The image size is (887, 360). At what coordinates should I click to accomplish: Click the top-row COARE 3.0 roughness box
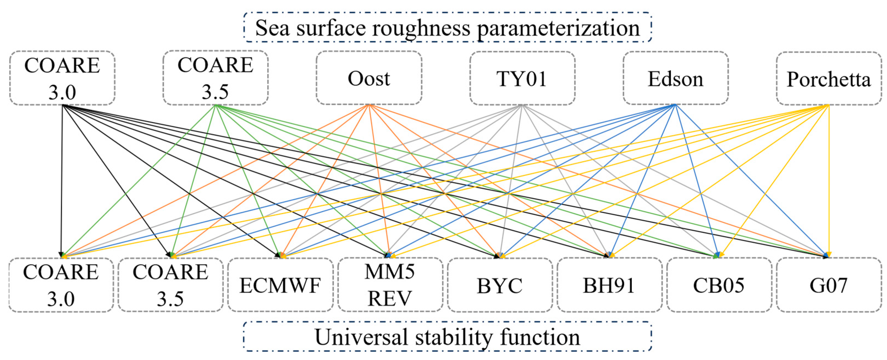pos(62,78)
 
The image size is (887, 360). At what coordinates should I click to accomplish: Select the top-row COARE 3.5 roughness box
pos(216,78)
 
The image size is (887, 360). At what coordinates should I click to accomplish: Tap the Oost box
pos(369,78)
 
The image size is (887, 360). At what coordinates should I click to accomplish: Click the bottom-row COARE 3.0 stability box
pos(61,285)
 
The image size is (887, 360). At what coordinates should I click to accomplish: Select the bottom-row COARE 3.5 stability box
pos(170,285)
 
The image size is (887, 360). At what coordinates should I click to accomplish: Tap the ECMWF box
pos(280,285)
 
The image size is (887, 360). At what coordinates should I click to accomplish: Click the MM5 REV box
pos(390,285)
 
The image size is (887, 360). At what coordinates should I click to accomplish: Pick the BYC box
pos(500,285)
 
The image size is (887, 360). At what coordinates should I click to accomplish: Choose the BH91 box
pos(609,285)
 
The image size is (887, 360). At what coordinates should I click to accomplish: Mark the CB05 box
pos(719,285)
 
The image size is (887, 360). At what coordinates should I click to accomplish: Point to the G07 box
pos(828,285)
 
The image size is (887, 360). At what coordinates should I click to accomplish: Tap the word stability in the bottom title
pos(454,337)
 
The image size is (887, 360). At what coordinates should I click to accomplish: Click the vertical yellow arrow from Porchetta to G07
pos(828,179)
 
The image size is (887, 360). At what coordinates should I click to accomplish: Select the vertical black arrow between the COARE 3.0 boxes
pos(62,179)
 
